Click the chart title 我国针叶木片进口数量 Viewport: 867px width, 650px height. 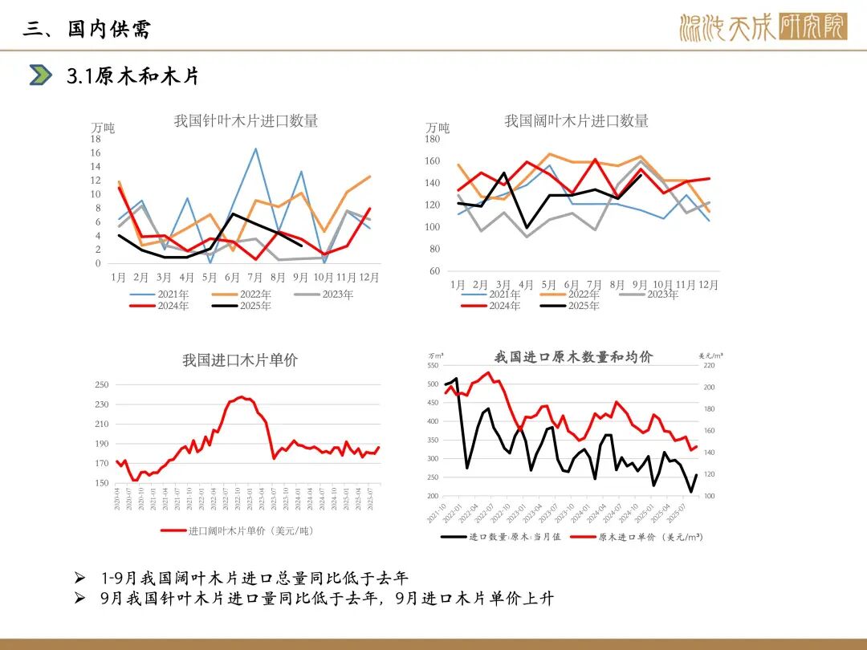(246, 121)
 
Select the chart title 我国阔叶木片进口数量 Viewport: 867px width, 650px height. (576, 121)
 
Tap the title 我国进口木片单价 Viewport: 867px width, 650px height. (239, 360)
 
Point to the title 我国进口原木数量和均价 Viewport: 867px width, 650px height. (573, 357)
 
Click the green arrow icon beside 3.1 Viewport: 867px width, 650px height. (40, 75)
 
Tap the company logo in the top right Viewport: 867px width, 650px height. (762, 28)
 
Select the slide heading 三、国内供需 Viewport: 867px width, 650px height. (87, 29)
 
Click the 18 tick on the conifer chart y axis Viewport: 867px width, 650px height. (96, 140)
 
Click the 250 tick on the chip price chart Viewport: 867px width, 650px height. (101, 385)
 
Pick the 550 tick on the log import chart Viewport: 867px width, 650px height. (433, 366)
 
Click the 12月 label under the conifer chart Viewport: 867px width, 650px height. (369, 278)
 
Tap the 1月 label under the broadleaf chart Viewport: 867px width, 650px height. (458, 285)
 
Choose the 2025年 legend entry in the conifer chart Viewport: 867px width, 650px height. (255, 306)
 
